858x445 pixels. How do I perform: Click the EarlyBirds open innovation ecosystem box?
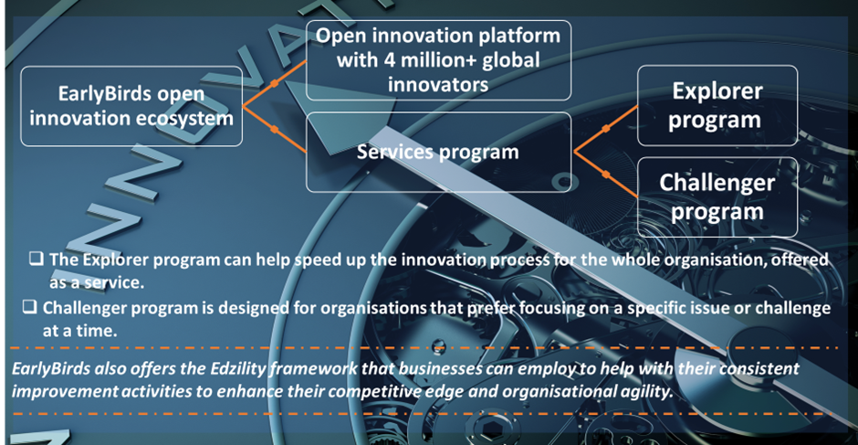pos(131,106)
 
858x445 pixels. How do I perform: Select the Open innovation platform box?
pos(438,60)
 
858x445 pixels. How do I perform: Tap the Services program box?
pos(438,152)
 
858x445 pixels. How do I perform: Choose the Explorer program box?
pos(717,105)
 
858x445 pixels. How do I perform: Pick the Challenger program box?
pos(717,196)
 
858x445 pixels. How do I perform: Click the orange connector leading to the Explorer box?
pos(605,128)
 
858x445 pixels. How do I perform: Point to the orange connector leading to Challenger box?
pos(605,175)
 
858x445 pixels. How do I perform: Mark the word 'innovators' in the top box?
pos(438,84)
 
